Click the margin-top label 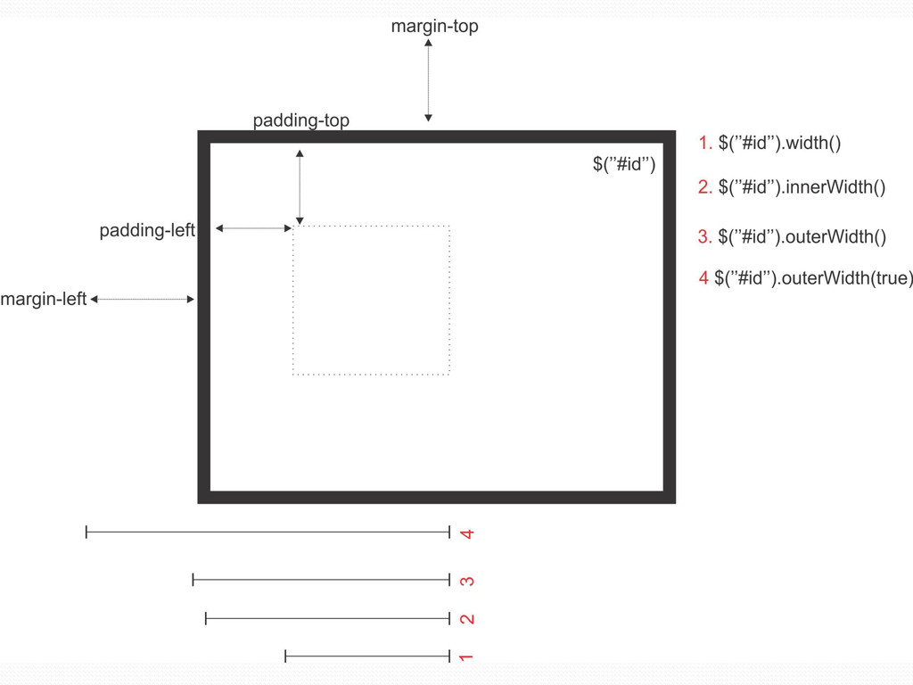(434, 27)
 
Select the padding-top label (300, 120)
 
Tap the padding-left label (147, 231)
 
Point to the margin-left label (44, 300)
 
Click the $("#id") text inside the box (624, 164)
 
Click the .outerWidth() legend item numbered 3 (792, 236)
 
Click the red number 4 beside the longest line (466, 534)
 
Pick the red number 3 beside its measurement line (466, 582)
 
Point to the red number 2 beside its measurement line (466, 619)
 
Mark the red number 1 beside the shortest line (465, 657)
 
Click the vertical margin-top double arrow (429, 80)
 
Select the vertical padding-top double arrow (300, 187)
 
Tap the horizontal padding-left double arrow (254, 229)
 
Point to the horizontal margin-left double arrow (143, 300)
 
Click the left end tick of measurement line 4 (86, 532)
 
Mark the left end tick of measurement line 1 (285, 656)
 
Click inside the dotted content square (371, 301)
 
